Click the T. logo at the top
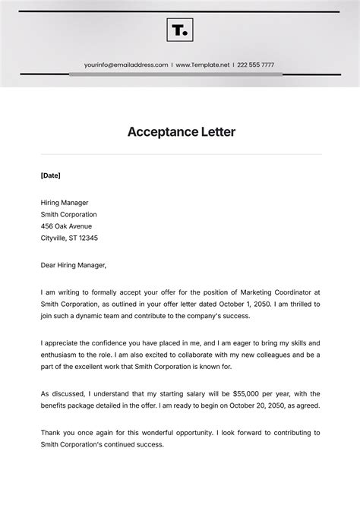[180, 30]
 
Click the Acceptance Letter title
[181, 132]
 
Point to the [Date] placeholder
[50, 175]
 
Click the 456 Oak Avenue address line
[66, 226]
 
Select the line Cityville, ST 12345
[69, 238]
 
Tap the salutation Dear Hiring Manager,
[74, 265]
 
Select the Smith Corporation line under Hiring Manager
[69, 214]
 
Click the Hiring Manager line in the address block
[65, 203]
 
